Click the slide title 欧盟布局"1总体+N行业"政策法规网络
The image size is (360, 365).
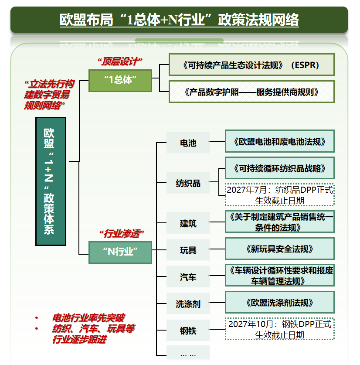[x=179, y=20]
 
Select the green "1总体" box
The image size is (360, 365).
[x=120, y=80]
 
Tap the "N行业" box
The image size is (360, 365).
[x=120, y=252]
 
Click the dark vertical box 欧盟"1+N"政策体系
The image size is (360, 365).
[x=51, y=181]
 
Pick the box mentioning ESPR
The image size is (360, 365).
[x=251, y=65]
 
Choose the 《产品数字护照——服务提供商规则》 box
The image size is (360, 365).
[x=251, y=92]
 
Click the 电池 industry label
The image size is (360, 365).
[x=188, y=143]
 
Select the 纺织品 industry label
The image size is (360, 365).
[x=188, y=183]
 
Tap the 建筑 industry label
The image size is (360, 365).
[x=188, y=223]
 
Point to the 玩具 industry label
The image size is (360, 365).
[x=188, y=250]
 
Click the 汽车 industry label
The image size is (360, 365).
[x=188, y=277]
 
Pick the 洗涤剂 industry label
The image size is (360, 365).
[x=188, y=304]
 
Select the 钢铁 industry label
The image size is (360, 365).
[x=188, y=331]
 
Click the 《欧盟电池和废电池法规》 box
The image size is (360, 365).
[x=279, y=142]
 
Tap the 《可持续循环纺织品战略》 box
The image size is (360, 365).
[x=279, y=168]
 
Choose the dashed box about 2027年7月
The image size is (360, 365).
[x=279, y=195]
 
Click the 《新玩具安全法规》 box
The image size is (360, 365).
[x=279, y=249]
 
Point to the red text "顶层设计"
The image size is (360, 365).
[x=120, y=61]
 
